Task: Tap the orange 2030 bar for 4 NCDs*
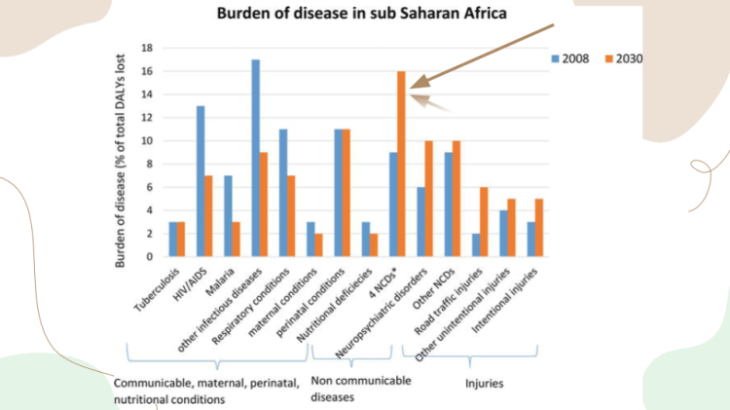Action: pyautogui.click(x=400, y=164)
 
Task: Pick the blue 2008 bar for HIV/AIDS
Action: pyautogui.click(x=201, y=181)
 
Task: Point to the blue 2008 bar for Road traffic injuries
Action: pyautogui.click(x=475, y=244)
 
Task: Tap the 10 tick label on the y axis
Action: pyautogui.click(x=147, y=140)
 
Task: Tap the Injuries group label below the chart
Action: pyautogui.click(x=484, y=383)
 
